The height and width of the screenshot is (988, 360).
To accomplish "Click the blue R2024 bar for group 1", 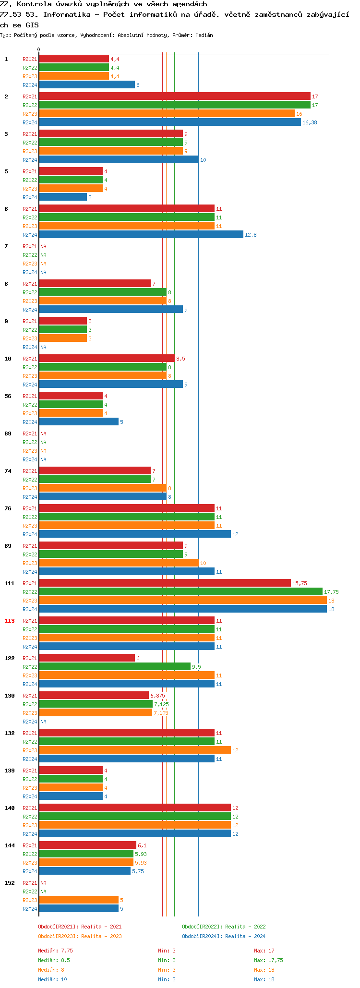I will pyautogui.click(x=86, y=85).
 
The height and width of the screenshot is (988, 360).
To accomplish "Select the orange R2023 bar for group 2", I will pyautogui.click(x=167, y=114).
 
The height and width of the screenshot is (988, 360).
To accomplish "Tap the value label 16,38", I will pyautogui.click(x=310, y=122).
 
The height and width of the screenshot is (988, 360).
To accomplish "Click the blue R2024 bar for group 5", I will pyautogui.click(x=63, y=197).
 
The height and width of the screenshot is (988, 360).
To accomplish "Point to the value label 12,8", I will pyautogui.click(x=251, y=235).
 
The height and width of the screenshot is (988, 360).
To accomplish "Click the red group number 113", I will pyautogui.click(x=10, y=621).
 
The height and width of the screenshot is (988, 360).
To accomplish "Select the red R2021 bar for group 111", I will pyautogui.click(x=165, y=583).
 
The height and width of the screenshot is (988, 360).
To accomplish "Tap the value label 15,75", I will pyautogui.click(x=300, y=583).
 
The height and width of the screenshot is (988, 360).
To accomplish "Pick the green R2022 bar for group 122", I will pyautogui.click(x=115, y=667).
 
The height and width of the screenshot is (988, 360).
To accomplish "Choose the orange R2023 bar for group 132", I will pyautogui.click(x=135, y=750).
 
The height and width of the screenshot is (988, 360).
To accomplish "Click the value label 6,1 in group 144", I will pyautogui.click(x=142, y=845).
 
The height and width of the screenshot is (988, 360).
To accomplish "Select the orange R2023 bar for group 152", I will pyautogui.click(x=79, y=900).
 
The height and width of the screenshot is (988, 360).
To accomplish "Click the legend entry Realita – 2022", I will pyautogui.click(x=224, y=927).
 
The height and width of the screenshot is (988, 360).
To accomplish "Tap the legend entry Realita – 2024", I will pyautogui.click(x=224, y=936).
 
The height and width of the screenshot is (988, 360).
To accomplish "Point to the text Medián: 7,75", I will pyautogui.click(x=56, y=951).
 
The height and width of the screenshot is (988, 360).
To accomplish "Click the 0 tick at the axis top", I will pyautogui.click(x=39, y=49).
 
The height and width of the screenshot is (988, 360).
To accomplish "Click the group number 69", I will pyautogui.click(x=8, y=434).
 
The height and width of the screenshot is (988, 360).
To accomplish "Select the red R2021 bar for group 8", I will pyautogui.click(x=95, y=284).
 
